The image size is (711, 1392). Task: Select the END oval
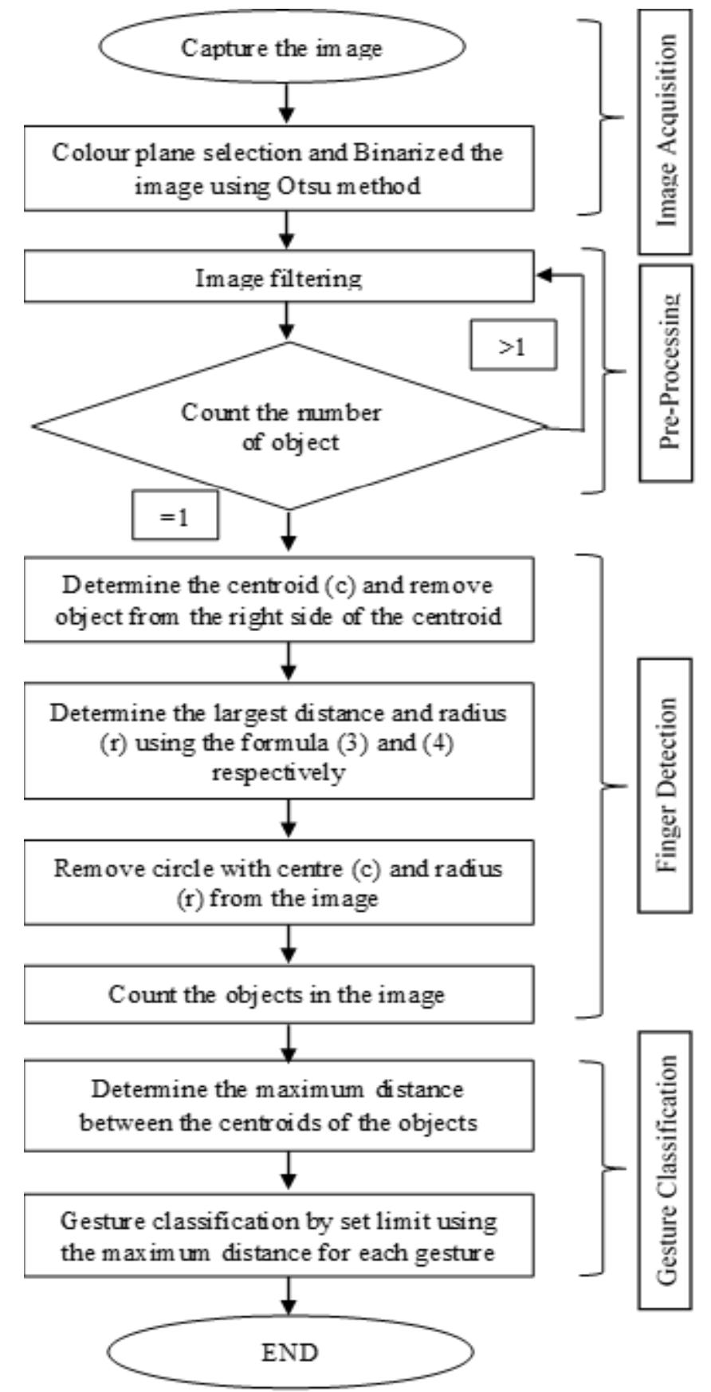(290, 1351)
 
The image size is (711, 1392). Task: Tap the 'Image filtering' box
(278, 278)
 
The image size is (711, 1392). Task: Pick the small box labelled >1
(512, 347)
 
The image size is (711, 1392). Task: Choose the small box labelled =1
(175, 517)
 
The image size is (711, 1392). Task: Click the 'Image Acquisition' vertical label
(666, 132)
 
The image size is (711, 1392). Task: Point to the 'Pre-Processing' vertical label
(666, 372)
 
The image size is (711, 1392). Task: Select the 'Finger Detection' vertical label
(666, 785)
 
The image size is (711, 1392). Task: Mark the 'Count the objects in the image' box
(278, 994)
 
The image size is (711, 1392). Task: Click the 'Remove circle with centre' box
(278, 883)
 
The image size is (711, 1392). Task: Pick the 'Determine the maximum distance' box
(278, 1106)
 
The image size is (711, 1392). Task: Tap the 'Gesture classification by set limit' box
(278, 1237)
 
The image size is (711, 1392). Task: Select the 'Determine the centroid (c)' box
(278, 600)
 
